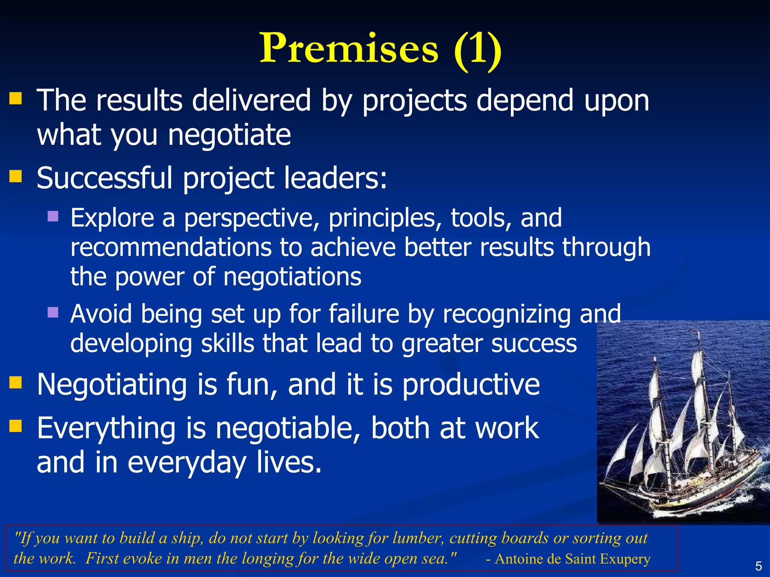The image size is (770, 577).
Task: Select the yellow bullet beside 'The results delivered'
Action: [x=15, y=99]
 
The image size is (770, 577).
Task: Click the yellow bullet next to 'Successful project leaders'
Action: [x=15, y=176]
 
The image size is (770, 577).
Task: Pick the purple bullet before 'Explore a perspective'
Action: [x=53, y=216]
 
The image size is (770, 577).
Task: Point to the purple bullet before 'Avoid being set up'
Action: [x=53, y=312]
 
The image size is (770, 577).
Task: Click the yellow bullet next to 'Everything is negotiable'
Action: [x=15, y=426]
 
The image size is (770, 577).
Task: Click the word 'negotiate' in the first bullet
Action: [x=229, y=135]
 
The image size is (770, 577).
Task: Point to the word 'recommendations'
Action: [x=171, y=248]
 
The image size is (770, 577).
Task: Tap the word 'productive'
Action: [x=471, y=385]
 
